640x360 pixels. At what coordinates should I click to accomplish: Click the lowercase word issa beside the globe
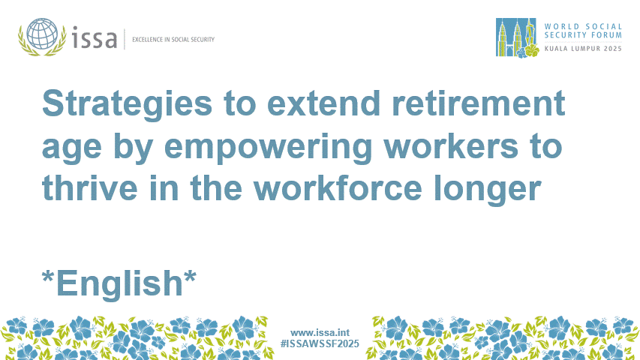[95, 37]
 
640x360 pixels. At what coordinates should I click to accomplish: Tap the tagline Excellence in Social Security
[173, 39]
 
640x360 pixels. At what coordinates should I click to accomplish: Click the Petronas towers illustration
[512, 37]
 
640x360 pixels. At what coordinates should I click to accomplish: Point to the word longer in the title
[491, 190]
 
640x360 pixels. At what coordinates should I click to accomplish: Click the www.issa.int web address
[320, 332]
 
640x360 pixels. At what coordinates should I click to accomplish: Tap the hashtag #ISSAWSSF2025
[320, 343]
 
